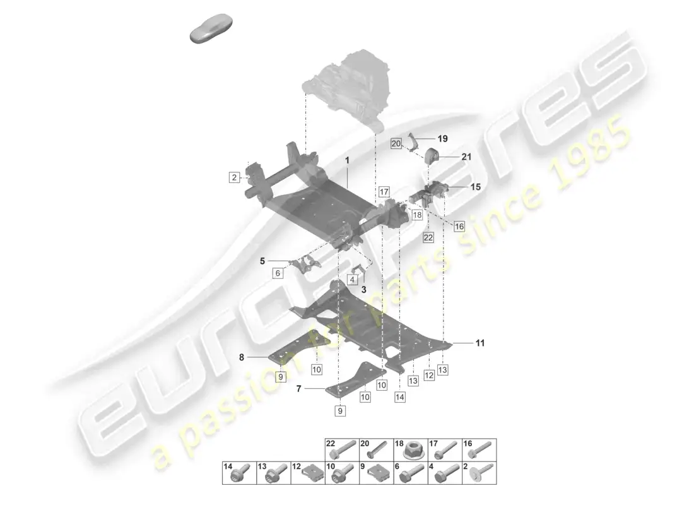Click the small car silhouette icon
click(x=211, y=29)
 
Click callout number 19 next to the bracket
click(x=443, y=139)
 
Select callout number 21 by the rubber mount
click(x=466, y=157)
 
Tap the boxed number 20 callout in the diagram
click(x=396, y=143)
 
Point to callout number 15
click(x=475, y=187)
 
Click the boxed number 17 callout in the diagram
click(x=384, y=192)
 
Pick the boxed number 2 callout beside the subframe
click(x=234, y=177)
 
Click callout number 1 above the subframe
click(x=348, y=160)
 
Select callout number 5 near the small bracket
click(x=262, y=261)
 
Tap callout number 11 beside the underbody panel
click(x=480, y=343)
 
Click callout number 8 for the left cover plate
click(x=242, y=357)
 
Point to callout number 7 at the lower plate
click(x=299, y=388)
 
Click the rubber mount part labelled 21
click(x=432, y=156)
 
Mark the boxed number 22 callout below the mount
click(x=428, y=237)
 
